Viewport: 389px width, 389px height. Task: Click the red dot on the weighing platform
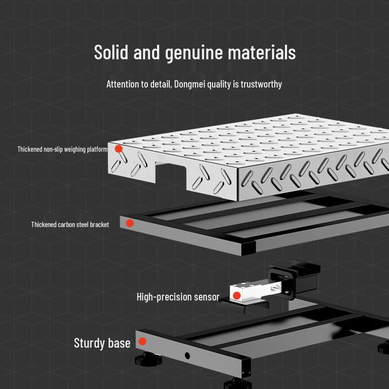point(119,148)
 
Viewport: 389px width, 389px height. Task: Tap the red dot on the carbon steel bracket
point(130,223)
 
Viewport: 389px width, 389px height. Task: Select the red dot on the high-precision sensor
point(237,296)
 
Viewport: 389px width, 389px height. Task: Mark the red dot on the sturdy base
point(142,341)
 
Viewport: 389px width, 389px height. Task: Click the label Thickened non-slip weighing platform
point(62,149)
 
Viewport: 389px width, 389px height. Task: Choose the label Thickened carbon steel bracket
point(70,225)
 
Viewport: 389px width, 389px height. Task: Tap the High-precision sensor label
point(178,297)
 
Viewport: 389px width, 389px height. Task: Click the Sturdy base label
point(102,343)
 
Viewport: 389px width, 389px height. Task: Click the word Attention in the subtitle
point(123,84)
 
